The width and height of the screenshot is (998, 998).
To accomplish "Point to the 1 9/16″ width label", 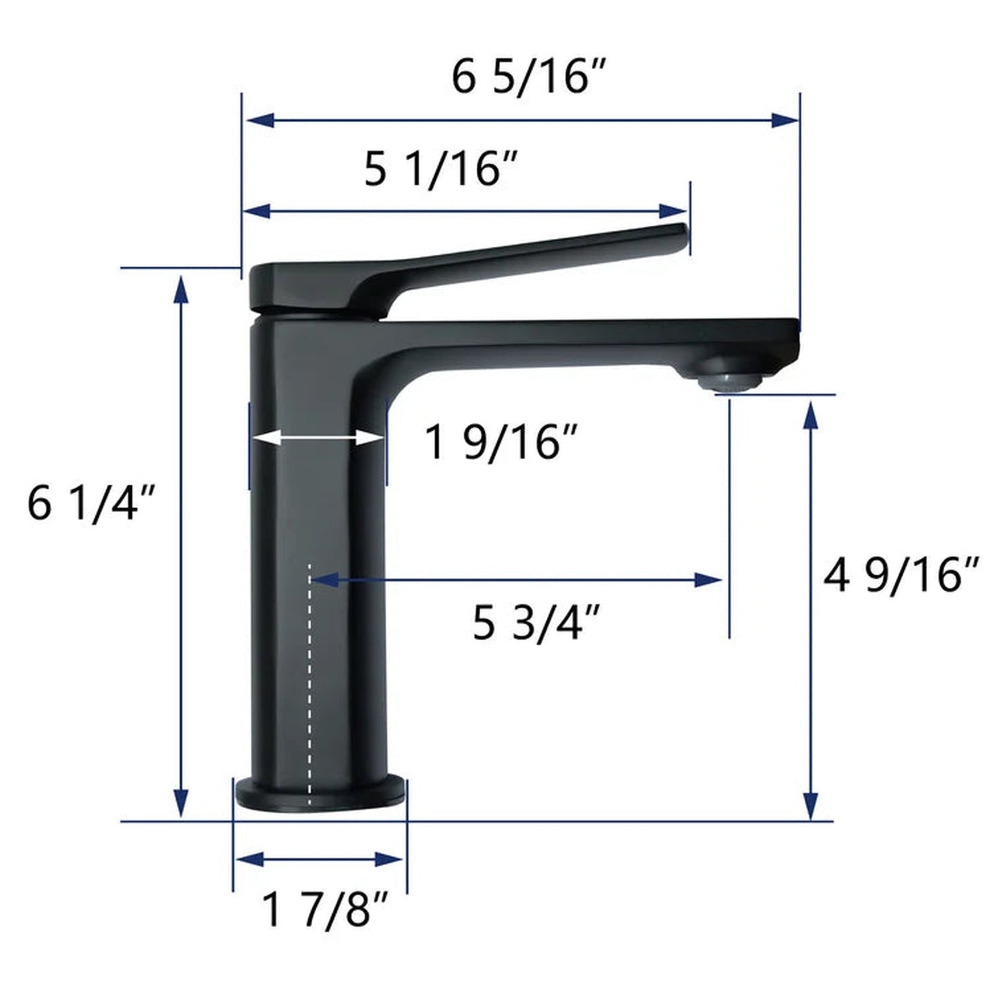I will [x=501, y=443].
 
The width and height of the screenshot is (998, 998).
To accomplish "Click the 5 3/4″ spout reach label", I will [x=536, y=623].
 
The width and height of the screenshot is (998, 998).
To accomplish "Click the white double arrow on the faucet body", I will [x=317, y=437].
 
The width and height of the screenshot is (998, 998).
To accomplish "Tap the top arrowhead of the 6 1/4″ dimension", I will [x=181, y=289].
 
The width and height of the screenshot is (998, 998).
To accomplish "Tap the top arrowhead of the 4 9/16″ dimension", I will [x=812, y=413].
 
